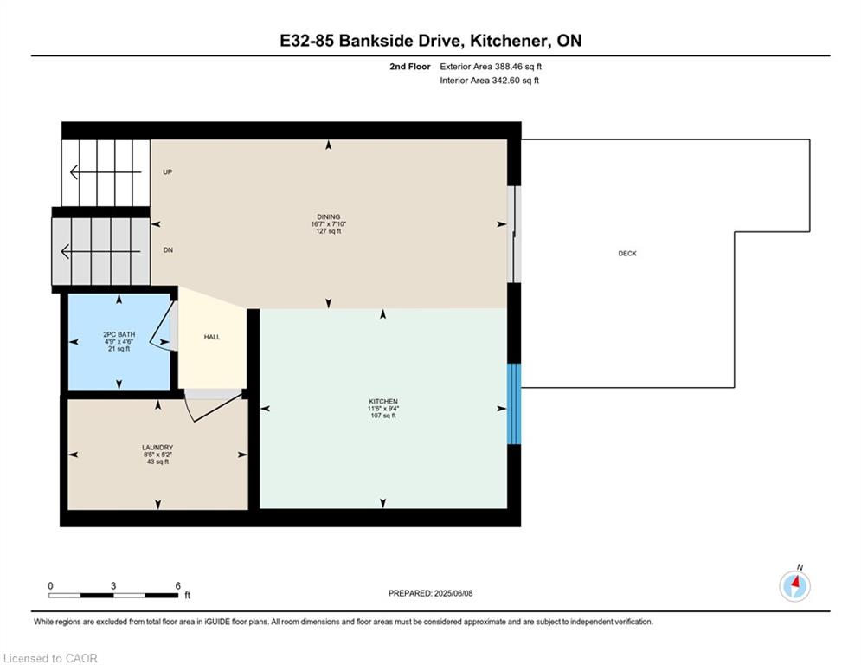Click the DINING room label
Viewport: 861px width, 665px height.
coord(328,216)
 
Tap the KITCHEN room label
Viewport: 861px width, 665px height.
coord(383,401)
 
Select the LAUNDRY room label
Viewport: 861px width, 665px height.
coord(157,448)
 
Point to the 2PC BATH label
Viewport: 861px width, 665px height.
coord(119,334)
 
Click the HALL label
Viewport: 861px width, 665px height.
coord(212,337)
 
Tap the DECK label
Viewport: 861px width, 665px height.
coord(627,254)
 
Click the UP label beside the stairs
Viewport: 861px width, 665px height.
coord(168,172)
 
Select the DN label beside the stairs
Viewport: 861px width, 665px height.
coord(168,250)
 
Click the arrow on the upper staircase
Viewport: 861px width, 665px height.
coord(106,172)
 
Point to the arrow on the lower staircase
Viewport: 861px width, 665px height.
coord(100,252)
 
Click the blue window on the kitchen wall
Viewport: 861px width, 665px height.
coord(513,404)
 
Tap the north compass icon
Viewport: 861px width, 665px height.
coord(794,586)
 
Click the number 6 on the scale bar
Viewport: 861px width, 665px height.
coord(178,586)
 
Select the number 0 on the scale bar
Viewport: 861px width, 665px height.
coord(50,586)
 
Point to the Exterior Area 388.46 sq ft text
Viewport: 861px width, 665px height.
coord(491,67)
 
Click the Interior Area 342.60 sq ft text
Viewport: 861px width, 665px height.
coord(489,81)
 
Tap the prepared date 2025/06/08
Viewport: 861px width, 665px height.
coord(453,593)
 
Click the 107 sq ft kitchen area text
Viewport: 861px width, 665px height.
coord(383,416)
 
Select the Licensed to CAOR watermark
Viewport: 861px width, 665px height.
coord(50,658)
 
